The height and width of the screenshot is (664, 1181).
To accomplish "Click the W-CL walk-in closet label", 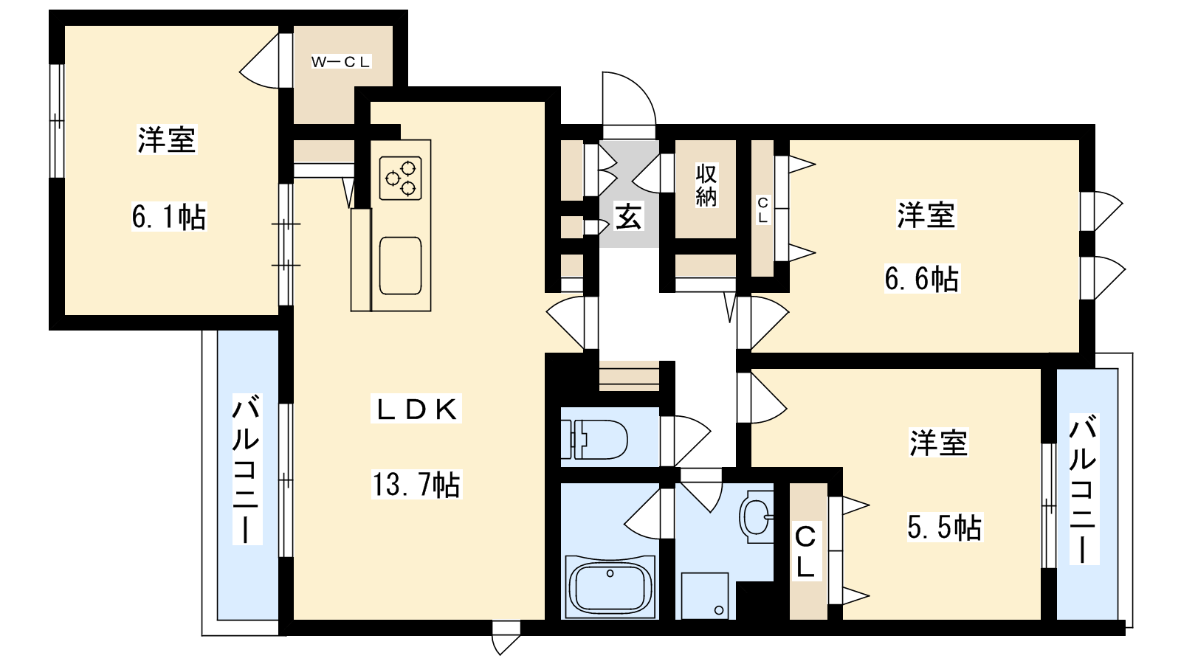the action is (x=341, y=62).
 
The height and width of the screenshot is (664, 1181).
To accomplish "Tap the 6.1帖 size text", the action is (x=169, y=217).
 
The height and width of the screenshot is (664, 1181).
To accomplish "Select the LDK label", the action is (x=416, y=409).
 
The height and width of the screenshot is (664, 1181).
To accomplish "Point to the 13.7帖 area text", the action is (x=416, y=484).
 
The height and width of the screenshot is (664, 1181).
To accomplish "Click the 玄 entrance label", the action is (x=628, y=217).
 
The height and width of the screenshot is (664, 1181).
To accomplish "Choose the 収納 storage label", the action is (x=706, y=185).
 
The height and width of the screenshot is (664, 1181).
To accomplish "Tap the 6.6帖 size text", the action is (x=922, y=278).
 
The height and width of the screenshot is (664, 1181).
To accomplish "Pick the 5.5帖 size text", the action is (x=944, y=527).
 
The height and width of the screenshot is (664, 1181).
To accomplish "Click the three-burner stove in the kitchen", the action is (x=401, y=178).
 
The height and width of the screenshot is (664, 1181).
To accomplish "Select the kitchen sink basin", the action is (x=401, y=266).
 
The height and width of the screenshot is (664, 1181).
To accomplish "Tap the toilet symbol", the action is (x=594, y=440).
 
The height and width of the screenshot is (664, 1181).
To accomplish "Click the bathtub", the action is (x=610, y=587).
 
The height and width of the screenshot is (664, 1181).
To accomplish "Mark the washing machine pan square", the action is (x=705, y=596).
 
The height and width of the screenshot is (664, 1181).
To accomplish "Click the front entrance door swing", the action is (x=629, y=99).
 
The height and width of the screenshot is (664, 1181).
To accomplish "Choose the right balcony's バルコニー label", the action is (x=1084, y=489).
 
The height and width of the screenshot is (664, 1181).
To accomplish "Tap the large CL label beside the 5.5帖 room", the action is (x=805, y=552).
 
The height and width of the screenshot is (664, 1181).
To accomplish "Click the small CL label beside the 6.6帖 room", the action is (x=762, y=210).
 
